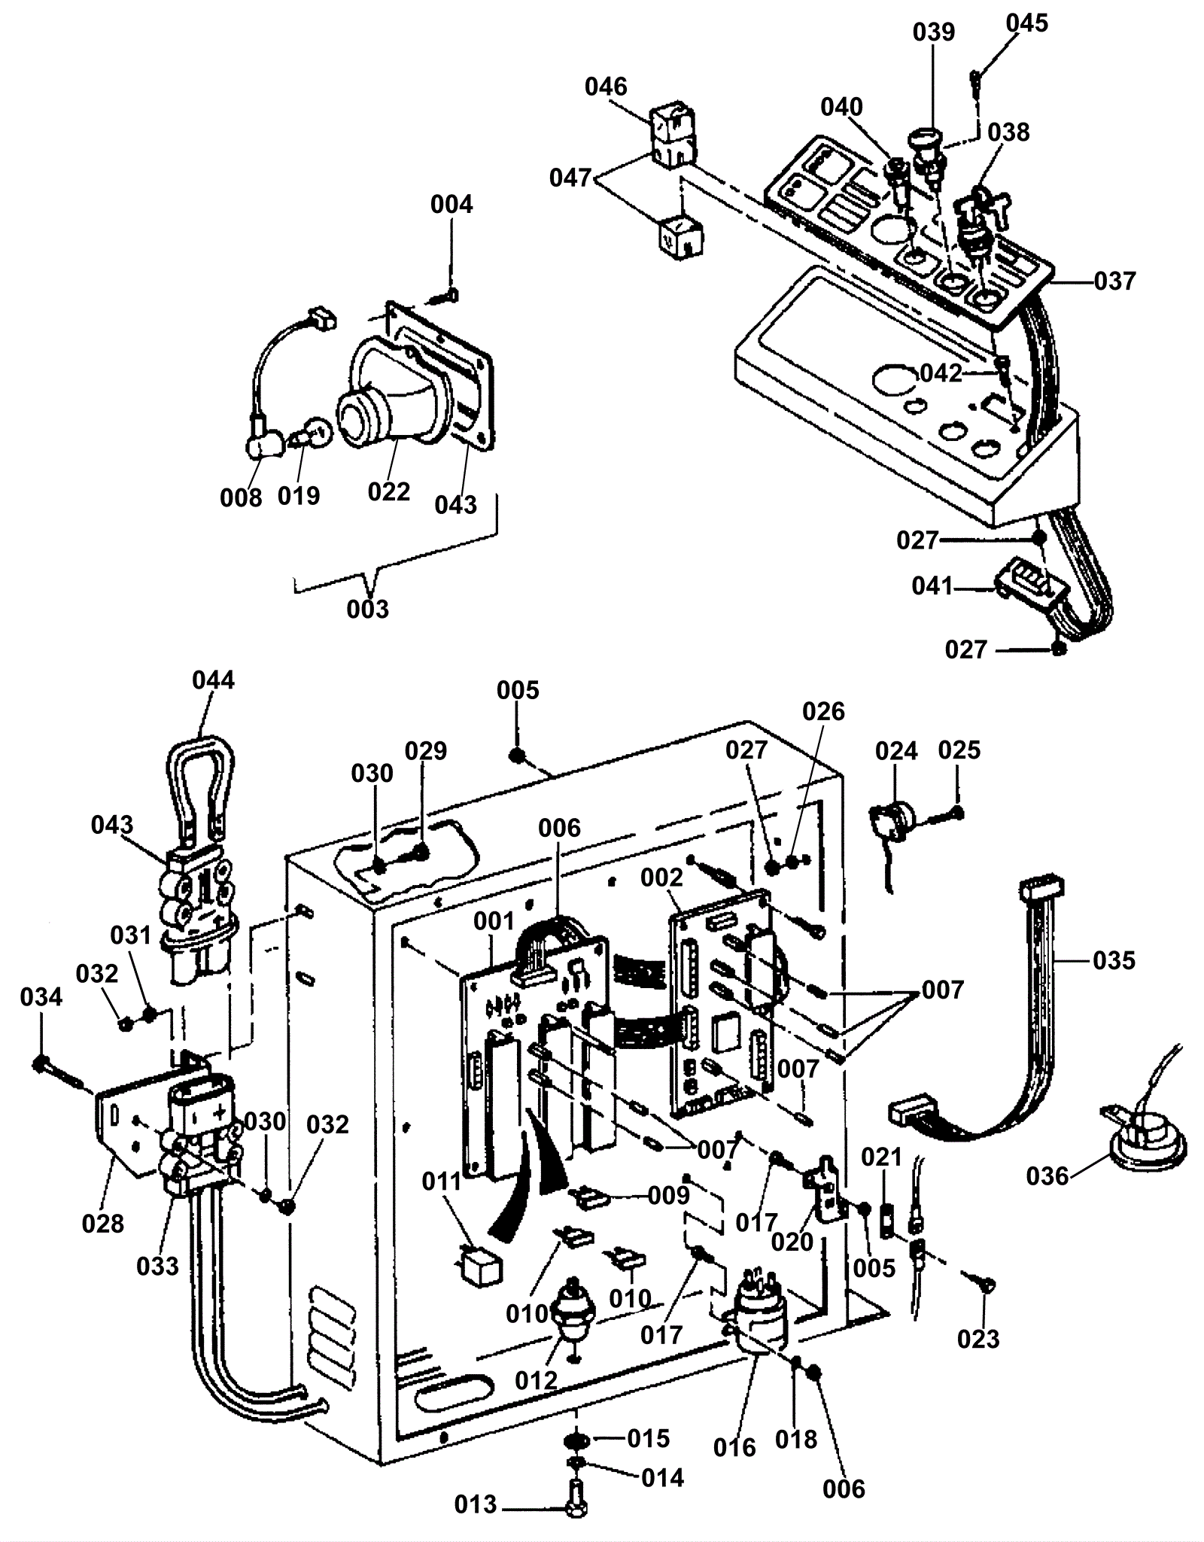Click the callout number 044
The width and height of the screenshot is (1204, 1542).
coord(213,680)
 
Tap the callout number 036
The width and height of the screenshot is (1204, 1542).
coord(1047,1176)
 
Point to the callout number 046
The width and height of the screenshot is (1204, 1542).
coord(606,87)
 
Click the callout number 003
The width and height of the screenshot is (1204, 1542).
coord(367,609)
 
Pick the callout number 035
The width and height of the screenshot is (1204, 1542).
coord(1114,961)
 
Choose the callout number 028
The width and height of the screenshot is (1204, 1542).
coord(103,1224)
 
